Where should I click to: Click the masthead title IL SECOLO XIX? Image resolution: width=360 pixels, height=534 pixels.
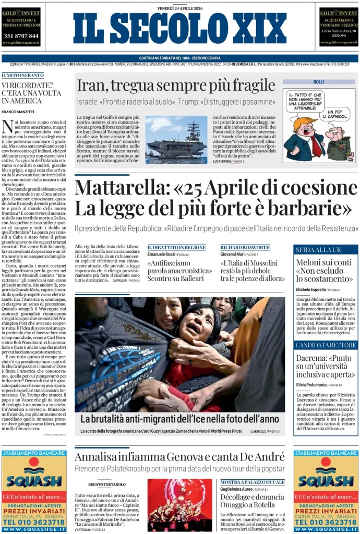[x=180, y=29]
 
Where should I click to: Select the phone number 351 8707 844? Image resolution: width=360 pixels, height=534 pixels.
[x=21, y=35]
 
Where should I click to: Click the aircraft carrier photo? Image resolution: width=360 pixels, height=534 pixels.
[x=176, y=137]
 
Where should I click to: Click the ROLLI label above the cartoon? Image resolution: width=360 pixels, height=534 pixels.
[x=319, y=82]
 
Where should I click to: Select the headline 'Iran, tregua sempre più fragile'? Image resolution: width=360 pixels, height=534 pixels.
[x=176, y=86]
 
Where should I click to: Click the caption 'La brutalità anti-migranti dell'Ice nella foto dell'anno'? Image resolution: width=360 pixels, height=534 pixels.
[x=179, y=419]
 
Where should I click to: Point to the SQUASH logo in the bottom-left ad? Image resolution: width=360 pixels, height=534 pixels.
[x=34, y=480]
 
